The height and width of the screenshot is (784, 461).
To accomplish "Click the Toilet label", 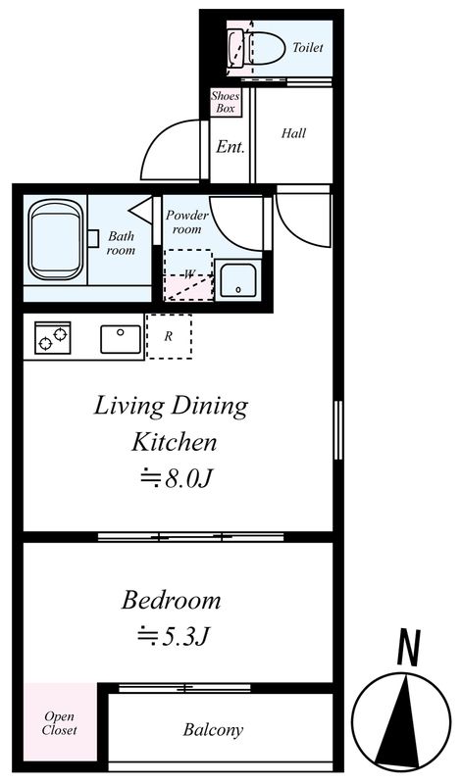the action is tap(308, 47).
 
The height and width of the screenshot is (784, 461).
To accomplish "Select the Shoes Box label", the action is tap(225, 102).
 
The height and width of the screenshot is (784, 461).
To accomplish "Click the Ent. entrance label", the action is tap(230, 146).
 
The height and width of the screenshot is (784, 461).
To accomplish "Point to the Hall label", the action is tap(293, 133).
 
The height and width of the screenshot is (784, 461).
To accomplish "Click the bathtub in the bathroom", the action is tap(55, 241).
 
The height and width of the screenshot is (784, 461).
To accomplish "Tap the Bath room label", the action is tap(121, 242).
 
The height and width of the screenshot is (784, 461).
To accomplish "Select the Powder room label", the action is tap(186, 222).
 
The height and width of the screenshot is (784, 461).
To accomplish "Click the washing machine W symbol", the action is tap(188, 274).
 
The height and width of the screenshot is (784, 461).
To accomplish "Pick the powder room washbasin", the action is tap(238, 280).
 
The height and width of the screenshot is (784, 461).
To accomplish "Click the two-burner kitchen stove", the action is tap(53, 338).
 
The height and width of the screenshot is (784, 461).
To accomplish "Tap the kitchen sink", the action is tap(121, 339).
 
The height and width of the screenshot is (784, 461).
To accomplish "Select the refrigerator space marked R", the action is tap(169, 336).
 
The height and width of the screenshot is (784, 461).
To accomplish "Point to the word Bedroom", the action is tap(171, 600).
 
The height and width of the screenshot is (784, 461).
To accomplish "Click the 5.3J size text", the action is tap(173, 636).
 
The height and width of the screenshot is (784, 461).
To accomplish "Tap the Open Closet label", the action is tap(60, 723).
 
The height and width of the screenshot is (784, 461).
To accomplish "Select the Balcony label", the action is tap(213, 730).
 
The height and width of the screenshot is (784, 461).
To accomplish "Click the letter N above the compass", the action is tap(408, 648).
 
